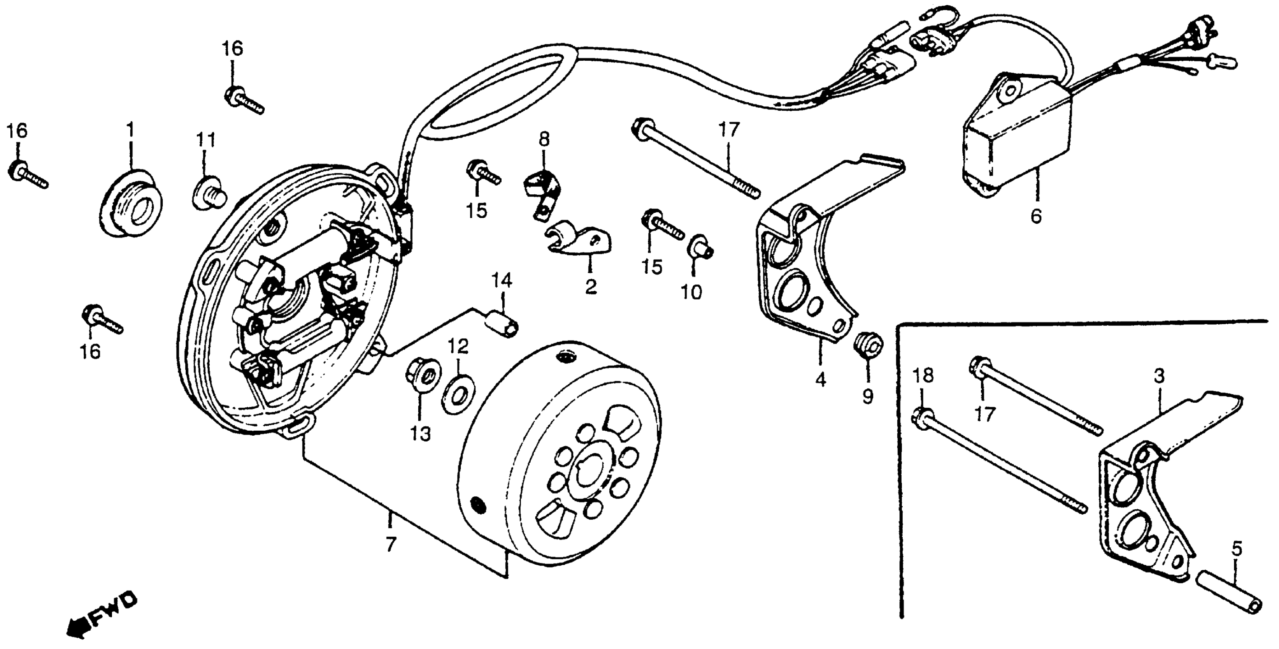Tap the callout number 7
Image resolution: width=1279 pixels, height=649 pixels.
pos(391,545)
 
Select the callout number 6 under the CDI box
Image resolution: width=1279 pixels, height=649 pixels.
pos(1036,216)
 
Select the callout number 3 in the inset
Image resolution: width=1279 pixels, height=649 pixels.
pos(1159,376)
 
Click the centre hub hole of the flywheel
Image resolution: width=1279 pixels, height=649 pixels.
pos(593,472)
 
